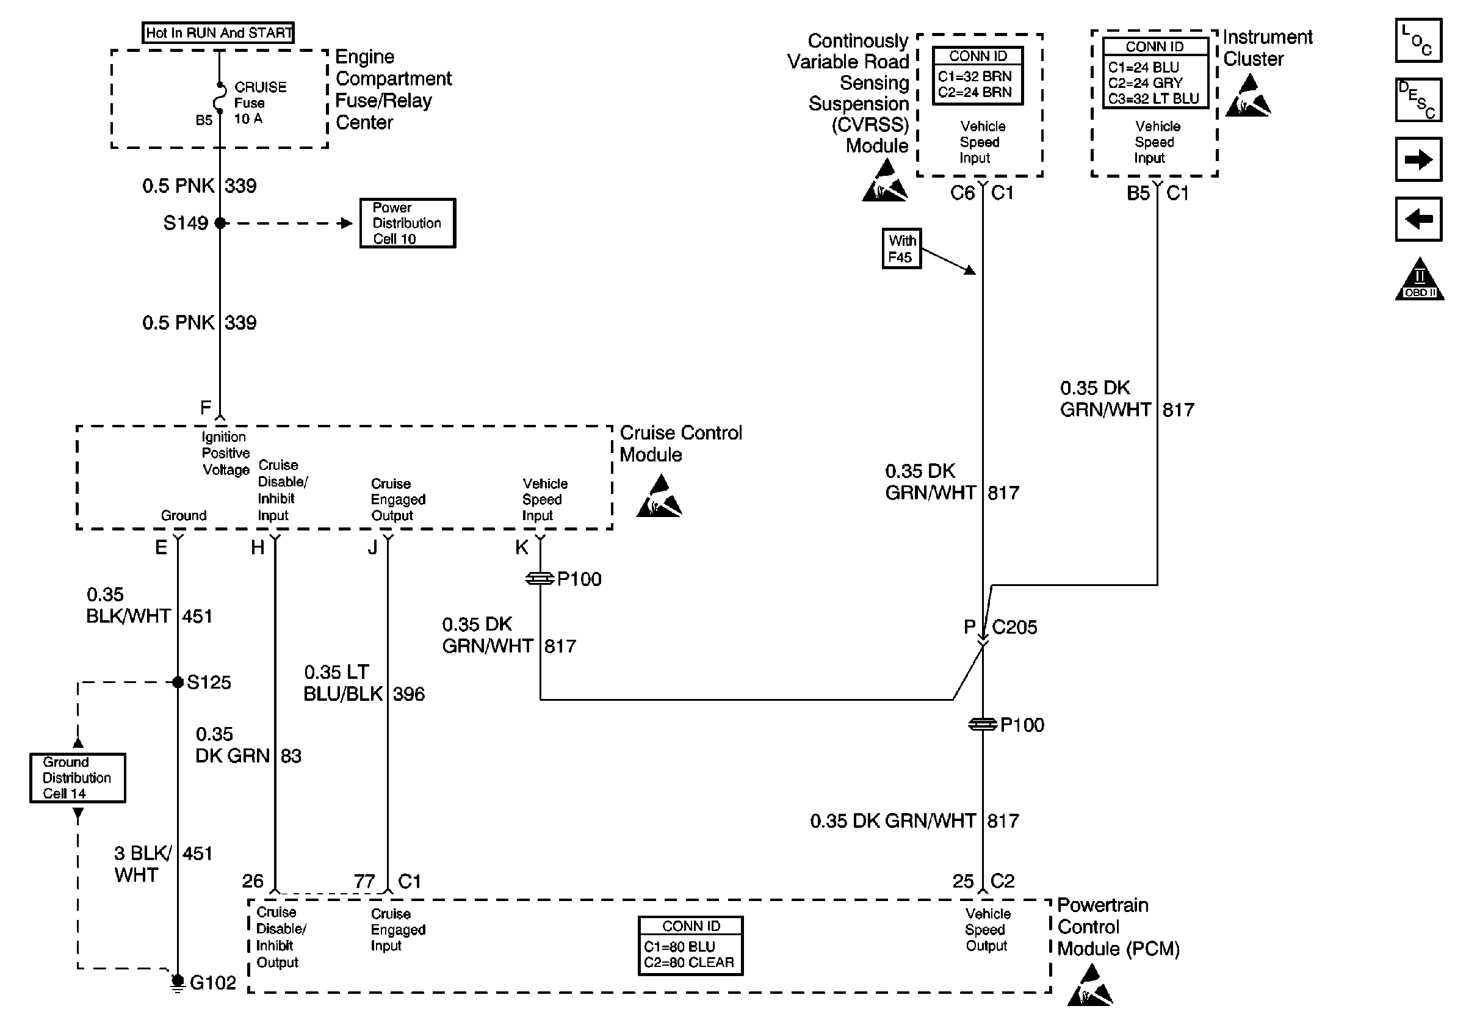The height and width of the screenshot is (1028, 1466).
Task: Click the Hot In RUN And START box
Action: coord(218,32)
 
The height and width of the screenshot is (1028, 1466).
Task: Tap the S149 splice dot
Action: coord(220,223)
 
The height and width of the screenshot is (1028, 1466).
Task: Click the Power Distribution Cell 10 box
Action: coord(407,223)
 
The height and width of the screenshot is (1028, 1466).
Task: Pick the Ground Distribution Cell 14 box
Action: coord(78,778)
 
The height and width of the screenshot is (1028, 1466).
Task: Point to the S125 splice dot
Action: coord(178,682)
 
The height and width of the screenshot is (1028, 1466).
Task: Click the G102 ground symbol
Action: coord(178,982)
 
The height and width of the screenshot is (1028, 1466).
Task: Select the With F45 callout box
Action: coord(901,249)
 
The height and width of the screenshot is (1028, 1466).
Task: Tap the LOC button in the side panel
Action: coord(1418,40)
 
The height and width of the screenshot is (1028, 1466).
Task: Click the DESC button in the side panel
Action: coord(1418,100)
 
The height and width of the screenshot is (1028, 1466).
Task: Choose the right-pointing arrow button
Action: coord(1418,159)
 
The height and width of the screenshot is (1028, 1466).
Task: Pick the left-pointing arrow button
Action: coord(1418,220)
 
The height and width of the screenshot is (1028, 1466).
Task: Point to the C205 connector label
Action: coord(1014,628)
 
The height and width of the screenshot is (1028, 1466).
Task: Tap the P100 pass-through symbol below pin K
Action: coord(540,579)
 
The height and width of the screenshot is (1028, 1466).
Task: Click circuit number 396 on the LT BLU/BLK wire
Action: coord(409,694)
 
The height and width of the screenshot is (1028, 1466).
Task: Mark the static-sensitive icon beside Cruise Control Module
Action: coord(660,497)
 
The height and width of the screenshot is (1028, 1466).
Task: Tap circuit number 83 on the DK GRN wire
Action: coord(291,756)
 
